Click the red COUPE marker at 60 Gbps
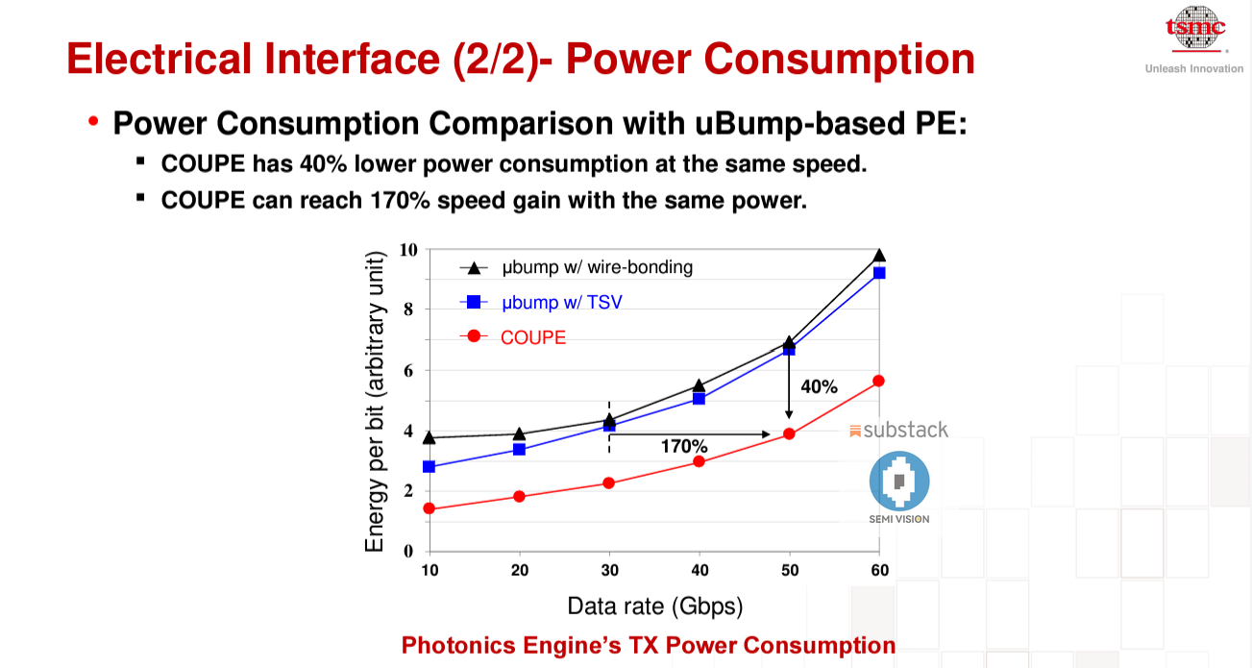(878, 381)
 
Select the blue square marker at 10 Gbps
(429, 466)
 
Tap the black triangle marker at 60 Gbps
(878, 256)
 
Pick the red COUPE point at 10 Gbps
(429, 508)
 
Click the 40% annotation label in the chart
(819, 387)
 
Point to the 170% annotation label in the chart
(683, 446)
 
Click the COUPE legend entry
(533, 337)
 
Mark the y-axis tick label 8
(407, 309)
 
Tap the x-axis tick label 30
(608, 570)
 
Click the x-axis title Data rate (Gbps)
(654, 606)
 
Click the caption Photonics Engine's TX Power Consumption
(649, 645)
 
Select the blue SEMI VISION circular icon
(898, 482)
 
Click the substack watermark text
(905, 430)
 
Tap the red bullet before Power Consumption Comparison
(93, 123)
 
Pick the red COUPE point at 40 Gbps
(699, 461)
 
